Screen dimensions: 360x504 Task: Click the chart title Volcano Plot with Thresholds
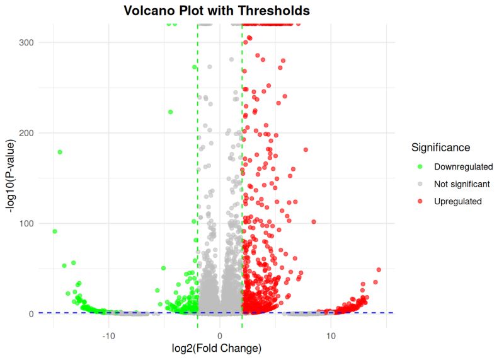216,11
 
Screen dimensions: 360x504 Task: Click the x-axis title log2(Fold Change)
217,348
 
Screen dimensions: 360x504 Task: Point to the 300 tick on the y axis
26,42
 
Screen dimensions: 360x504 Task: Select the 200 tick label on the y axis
26,133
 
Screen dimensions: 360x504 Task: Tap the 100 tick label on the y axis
26,223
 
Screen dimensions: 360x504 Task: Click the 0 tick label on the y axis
30,314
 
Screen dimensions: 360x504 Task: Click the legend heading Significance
440,148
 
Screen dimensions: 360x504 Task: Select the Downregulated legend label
463,166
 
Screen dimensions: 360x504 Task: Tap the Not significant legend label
462,184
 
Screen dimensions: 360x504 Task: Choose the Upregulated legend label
458,202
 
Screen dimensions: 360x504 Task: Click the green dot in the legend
420,166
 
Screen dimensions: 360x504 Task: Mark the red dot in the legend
420,202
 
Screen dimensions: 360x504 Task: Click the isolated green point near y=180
60,152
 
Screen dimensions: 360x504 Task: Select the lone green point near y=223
170,112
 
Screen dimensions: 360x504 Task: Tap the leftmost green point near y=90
55,231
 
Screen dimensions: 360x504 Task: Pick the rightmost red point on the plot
379,270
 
